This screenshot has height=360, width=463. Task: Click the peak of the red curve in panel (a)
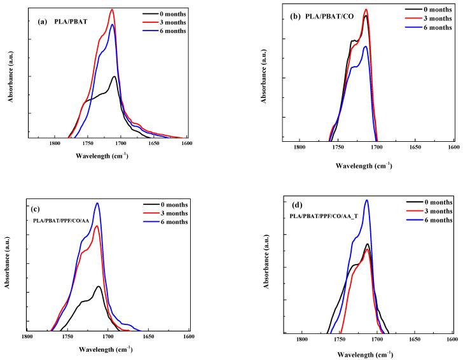113,10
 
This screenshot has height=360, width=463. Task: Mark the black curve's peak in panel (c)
99,286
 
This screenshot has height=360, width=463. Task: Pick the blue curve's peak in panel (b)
365,46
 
